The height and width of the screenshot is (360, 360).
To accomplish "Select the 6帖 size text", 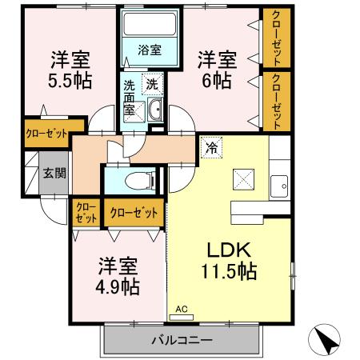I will pos(216,81).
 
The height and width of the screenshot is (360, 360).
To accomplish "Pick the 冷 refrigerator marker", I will pos(211,147).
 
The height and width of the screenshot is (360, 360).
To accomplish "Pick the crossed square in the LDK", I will pos(242,178).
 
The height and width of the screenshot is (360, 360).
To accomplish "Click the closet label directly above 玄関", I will pos(45,134).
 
